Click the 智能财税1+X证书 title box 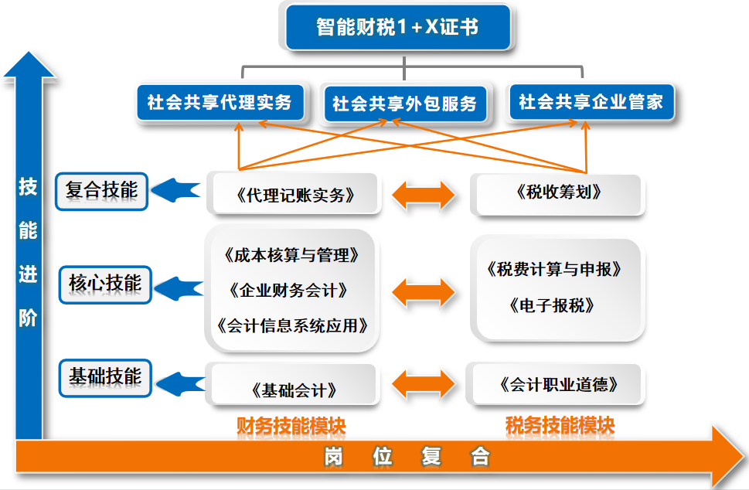[397, 28]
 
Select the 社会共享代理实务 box [220, 102]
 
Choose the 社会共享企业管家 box [591, 102]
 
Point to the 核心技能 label [105, 284]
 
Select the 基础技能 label [105, 376]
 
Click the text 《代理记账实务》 [294, 195]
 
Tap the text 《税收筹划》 [558, 193]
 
